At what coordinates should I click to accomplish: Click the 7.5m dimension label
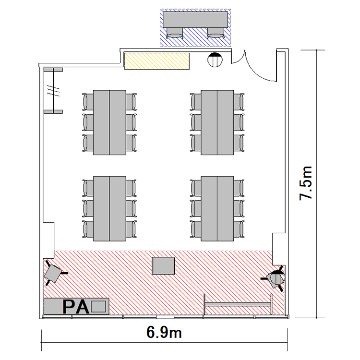point(306,183)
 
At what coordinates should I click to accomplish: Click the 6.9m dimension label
point(164,332)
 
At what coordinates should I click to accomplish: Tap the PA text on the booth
point(76,307)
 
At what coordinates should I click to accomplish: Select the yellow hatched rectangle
point(157,61)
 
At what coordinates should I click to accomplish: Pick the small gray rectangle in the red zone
point(164,265)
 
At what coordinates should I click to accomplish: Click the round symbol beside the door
point(215,60)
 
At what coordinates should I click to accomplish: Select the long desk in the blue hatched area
point(195,20)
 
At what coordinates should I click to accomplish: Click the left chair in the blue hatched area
point(175,33)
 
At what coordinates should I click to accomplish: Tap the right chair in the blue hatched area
point(216,33)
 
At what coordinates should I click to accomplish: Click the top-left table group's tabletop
point(109,122)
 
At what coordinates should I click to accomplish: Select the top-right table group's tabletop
point(217,122)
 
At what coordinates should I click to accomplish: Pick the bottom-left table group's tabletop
point(109,209)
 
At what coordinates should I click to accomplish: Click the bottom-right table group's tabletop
point(217,209)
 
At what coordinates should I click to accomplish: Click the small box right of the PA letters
point(98,307)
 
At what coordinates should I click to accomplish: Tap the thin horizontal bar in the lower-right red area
point(238,304)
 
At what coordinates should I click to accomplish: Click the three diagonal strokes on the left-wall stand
point(53,90)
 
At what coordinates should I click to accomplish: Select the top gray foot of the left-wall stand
point(53,70)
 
